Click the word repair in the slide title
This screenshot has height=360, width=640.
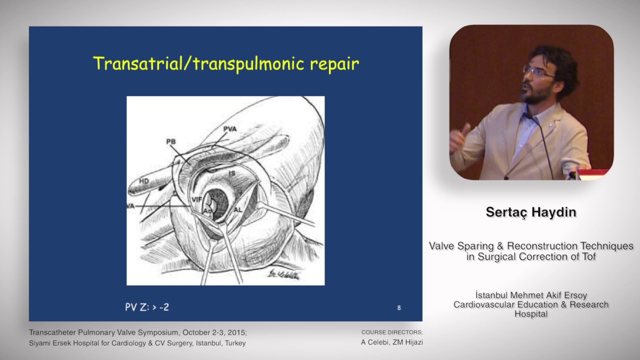(x=334, y=64)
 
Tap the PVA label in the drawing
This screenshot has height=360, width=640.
(x=230, y=129)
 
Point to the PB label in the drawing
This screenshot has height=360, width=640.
(x=171, y=142)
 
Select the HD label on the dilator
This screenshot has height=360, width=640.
(x=144, y=180)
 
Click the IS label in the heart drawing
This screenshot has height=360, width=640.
(x=231, y=173)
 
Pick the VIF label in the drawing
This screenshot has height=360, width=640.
(x=196, y=199)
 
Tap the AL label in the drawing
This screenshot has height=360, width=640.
(x=238, y=209)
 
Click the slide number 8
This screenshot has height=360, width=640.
(x=399, y=307)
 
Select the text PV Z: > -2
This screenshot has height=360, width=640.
(x=147, y=307)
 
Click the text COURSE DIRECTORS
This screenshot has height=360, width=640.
(x=392, y=332)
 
